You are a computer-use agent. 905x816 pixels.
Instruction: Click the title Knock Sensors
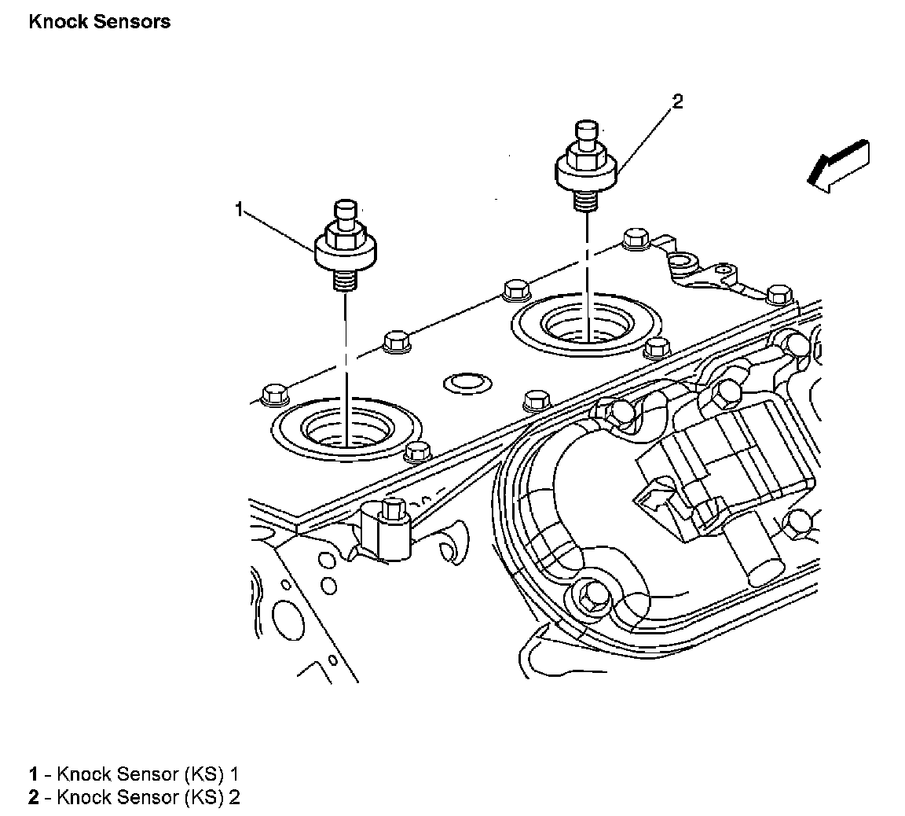pos(99,22)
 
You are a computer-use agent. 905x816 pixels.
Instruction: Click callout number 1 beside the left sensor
pos(240,209)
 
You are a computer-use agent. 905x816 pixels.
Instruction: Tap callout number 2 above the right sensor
pos(678,101)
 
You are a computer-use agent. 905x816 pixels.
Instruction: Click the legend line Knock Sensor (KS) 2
pos(134,797)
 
